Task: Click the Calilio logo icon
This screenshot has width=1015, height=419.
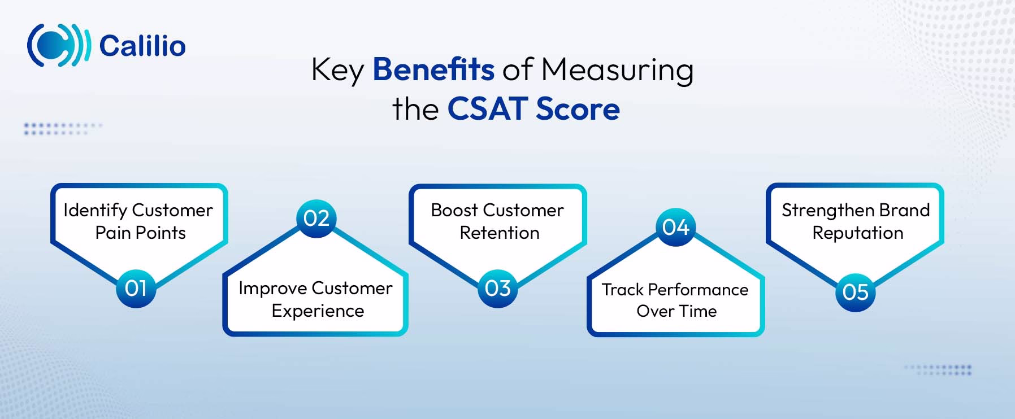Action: pos(58,45)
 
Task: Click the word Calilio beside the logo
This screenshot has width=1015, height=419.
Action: pos(142,46)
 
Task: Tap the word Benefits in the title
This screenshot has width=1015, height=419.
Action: pos(433,70)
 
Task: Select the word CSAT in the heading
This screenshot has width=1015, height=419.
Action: pos(487,109)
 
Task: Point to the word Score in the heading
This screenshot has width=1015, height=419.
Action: pos(578,109)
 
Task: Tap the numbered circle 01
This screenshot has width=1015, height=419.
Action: pos(136,288)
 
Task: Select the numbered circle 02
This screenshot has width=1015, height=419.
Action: pos(316,218)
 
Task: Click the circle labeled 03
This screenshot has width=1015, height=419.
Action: pos(497,288)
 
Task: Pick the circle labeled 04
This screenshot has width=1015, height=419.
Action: pos(675,227)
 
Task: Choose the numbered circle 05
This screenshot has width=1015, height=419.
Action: pos(855,292)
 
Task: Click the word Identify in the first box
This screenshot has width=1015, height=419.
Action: pos(95,210)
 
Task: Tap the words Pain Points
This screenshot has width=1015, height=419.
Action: pos(140,233)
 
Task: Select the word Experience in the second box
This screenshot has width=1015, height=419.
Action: pos(318,311)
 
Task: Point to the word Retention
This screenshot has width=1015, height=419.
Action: pos(500,233)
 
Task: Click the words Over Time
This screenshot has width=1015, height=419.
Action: pos(676,311)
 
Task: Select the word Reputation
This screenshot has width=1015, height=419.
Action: pos(858,233)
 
